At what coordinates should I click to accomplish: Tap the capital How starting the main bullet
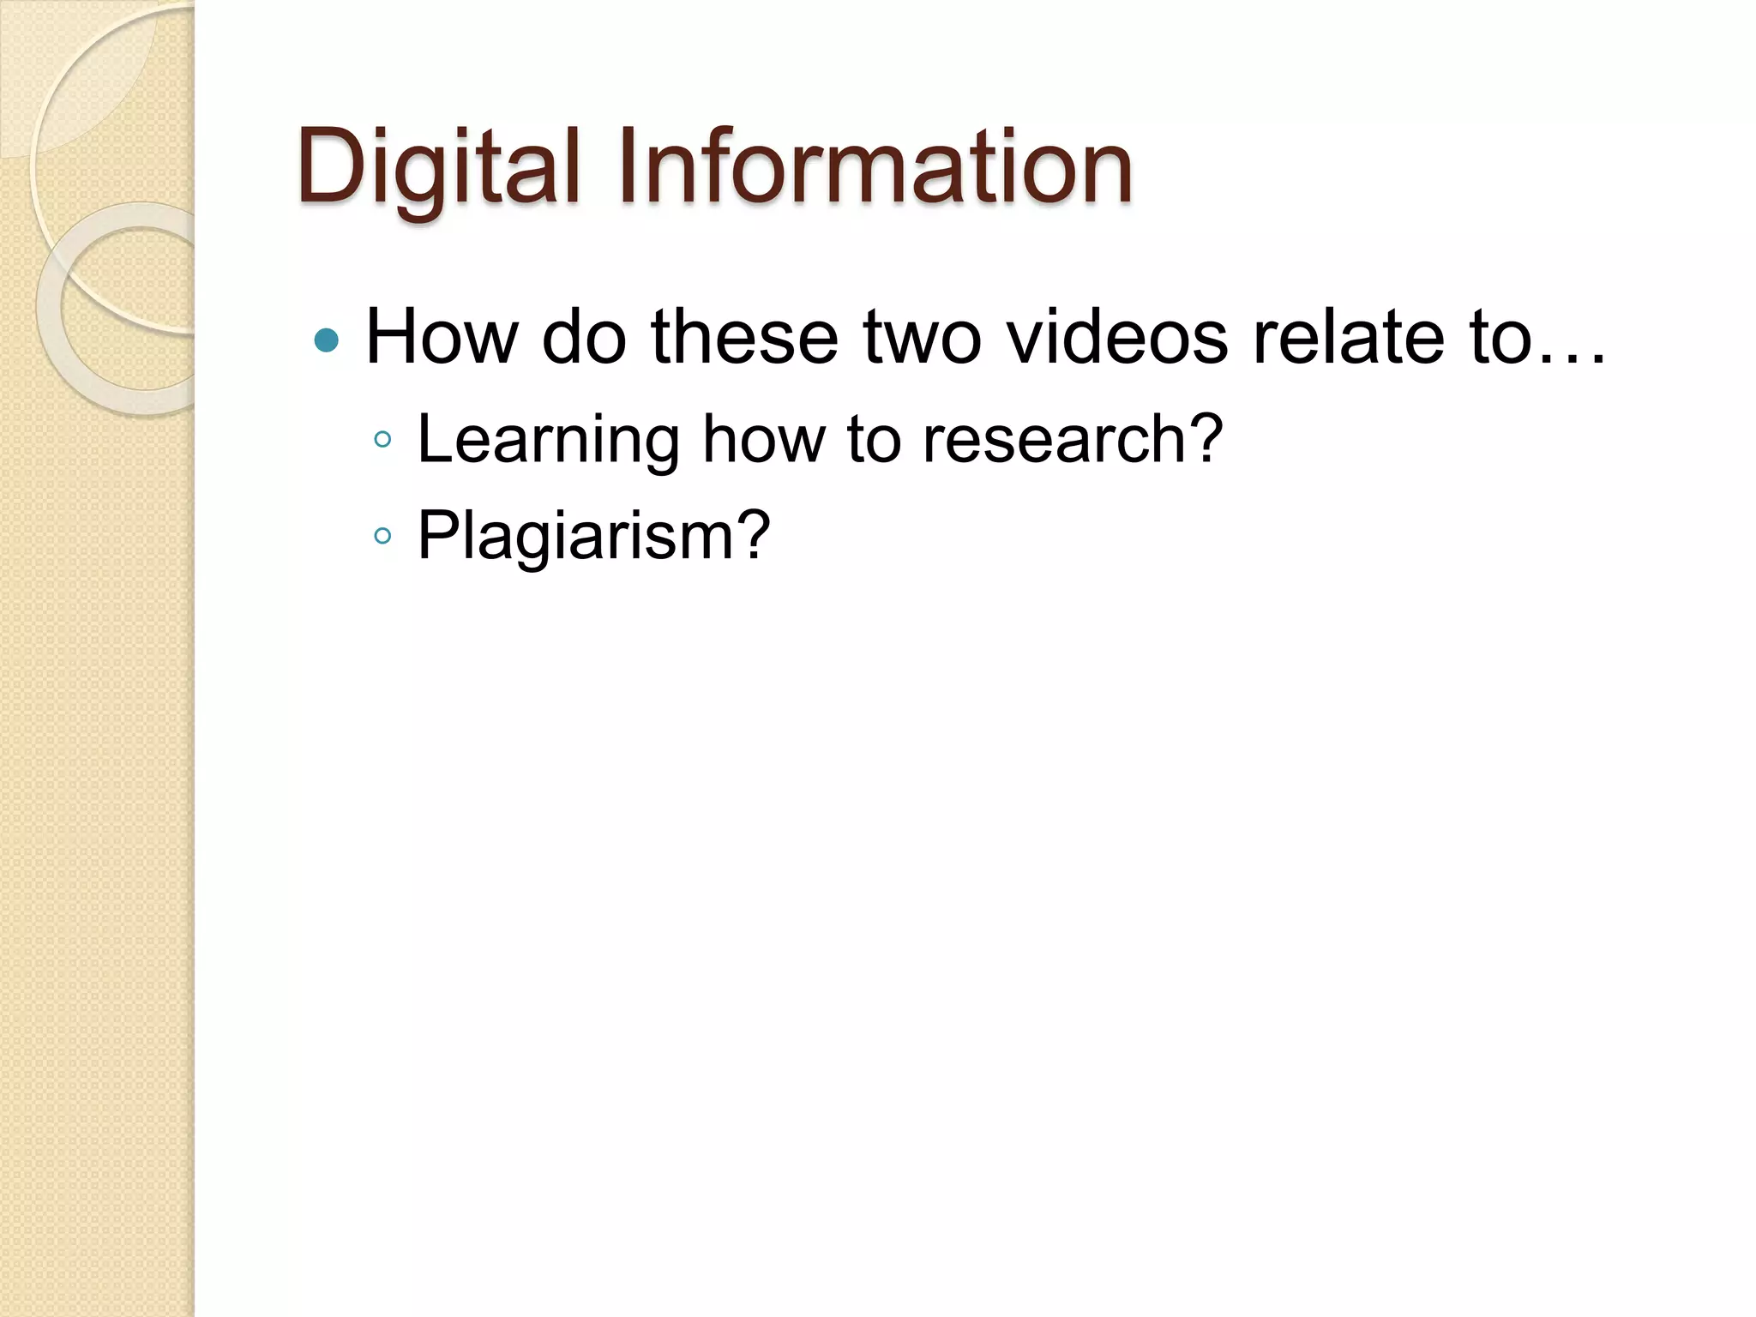coord(442,336)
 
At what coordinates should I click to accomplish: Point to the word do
coord(584,336)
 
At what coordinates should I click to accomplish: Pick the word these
coord(744,336)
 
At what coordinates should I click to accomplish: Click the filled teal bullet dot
coord(327,341)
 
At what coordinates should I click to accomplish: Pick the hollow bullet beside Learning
coord(382,441)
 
